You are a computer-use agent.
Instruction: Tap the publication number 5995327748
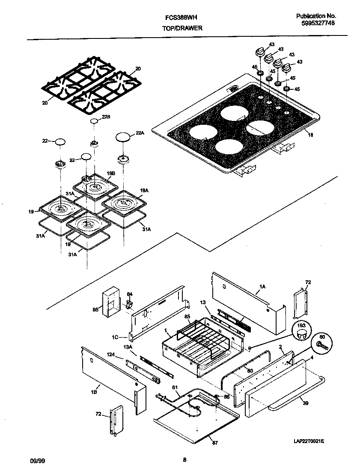[x=315, y=24]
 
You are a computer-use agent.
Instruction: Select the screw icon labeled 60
[x=322, y=345]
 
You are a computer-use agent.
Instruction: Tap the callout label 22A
[x=139, y=133]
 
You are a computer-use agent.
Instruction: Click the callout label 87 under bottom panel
[x=215, y=443]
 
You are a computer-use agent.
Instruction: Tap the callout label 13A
[x=127, y=347]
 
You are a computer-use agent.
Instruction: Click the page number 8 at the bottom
[x=184, y=460]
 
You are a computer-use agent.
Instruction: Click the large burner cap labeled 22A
[x=123, y=137]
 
